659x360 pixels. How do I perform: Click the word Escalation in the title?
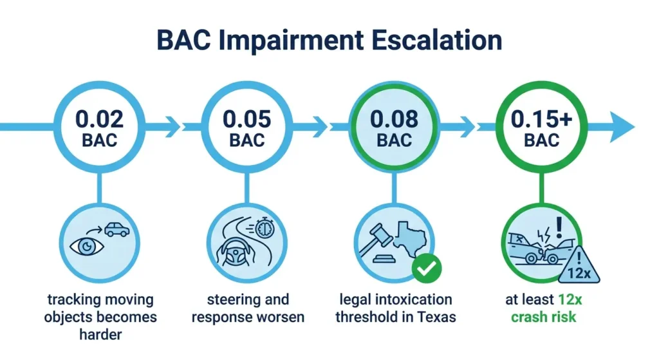point(436,41)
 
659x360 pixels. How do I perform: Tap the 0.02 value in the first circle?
point(100,119)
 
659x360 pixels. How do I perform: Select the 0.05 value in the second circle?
point(246,119)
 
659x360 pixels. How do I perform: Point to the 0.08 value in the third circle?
point(394,119)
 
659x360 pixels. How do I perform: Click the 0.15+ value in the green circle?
point(541,119)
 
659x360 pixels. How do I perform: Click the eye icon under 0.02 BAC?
point(87,247)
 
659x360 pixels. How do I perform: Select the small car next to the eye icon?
point(117,230)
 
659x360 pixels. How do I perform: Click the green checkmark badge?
point(427,269)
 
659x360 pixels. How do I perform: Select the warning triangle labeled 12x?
point(579,266)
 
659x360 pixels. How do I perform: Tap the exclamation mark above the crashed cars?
point(559,227)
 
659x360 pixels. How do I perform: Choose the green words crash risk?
point(543,317)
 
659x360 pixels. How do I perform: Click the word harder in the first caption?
point(100,334)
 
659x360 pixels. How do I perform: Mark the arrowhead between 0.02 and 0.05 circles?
point(173,127)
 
